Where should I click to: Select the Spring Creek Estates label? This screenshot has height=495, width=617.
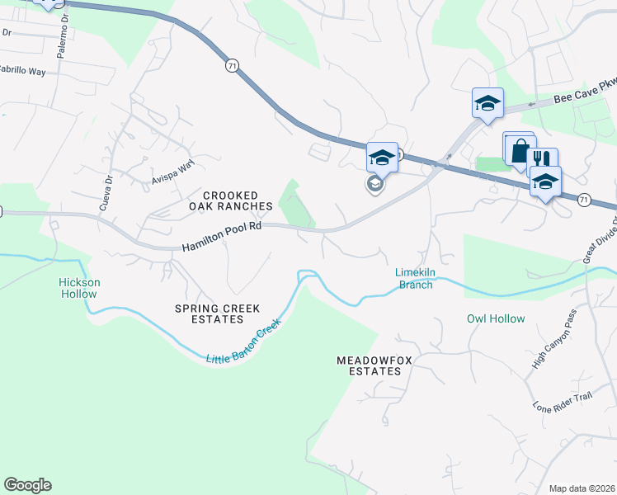(x=218, y=314)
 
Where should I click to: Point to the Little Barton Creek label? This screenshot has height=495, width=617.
(x=243, y=342)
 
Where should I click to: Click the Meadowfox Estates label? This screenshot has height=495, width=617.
(x=369, y=365)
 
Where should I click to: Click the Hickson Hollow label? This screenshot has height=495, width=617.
(x=79, y=288)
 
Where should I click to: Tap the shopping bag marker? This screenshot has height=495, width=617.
(x=519, y=151)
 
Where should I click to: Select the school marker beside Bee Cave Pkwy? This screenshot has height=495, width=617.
(x=487, y=103)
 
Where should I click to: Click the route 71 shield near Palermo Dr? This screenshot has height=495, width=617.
(x=231, y=64)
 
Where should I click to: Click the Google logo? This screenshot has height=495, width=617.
(x=27, y=485)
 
